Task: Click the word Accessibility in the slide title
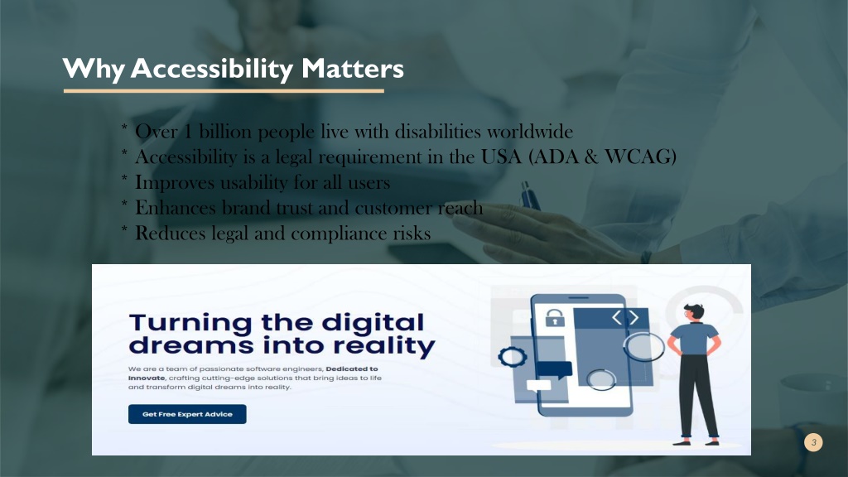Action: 211,70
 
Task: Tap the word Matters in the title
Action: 353,69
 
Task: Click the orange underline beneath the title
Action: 224,91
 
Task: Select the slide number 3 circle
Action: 813,442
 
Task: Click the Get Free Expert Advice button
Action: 187,414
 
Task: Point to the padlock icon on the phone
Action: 554,317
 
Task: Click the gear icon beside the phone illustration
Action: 512,356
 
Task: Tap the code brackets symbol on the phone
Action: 625,317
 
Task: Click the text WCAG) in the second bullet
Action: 640,157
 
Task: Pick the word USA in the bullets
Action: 501,157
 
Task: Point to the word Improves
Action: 175,183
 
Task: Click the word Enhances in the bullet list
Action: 176,208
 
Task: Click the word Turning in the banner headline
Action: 190,324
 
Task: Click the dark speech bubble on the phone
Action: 554,369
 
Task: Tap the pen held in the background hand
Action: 531,195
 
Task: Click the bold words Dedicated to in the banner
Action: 352,369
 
